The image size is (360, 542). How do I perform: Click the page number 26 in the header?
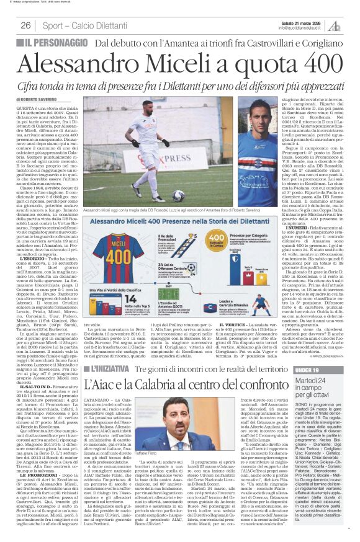point(26,25)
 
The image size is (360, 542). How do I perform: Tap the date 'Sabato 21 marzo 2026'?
point(296,22)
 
